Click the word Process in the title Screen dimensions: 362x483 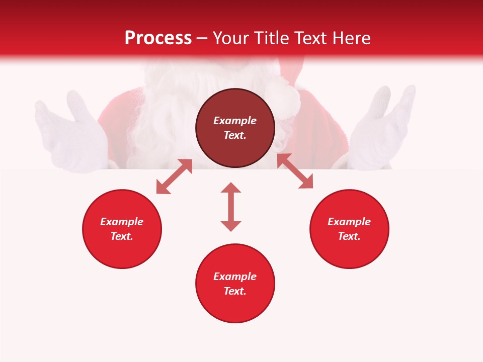(x=158, y=38)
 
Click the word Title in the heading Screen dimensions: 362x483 (x=271, y=38)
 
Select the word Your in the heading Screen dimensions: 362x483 (x=231, y=38)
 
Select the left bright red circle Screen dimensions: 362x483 (x=122, y=251)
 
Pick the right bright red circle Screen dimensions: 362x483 (x=349, y=251)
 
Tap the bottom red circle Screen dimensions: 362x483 (x=235, y=307)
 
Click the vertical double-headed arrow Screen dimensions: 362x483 (x=231, y=207)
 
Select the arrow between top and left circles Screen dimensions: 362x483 (x=174, y=176)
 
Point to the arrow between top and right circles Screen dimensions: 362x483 (x=295, y=171)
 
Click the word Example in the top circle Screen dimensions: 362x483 (x=235, y=121)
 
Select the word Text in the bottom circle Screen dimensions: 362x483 (x=234, y=291)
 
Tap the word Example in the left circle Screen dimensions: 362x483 (x=122, y=222)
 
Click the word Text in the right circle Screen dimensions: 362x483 (x=348, y=236)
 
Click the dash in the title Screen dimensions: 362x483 (x=202, y=39)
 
